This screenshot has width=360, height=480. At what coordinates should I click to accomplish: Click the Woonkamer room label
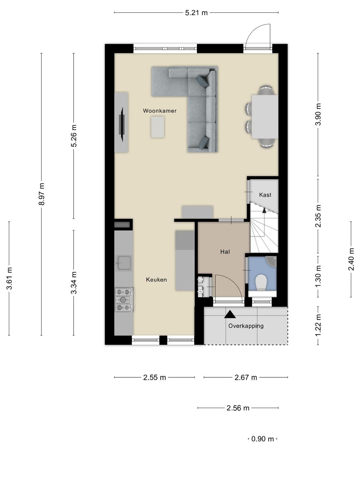[x=160, y=111]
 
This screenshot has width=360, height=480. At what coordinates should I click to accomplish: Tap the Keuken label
[x=156, y=280]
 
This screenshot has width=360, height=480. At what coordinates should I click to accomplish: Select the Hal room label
[x=225, y=252]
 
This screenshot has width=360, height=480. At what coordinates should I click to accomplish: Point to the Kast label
[x=265, y=195]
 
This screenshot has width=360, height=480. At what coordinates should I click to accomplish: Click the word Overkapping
[x=246, y=326]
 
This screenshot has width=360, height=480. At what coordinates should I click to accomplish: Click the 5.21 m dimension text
[x=196, y=13]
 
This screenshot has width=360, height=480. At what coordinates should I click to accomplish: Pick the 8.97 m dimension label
[x=41, y=194]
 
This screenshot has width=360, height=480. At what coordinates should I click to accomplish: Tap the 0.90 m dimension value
[x=262, y=439]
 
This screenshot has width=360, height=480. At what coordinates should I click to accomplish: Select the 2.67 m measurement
[x=246, y=377]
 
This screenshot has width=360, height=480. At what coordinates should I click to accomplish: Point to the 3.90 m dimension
[x=318, y=114]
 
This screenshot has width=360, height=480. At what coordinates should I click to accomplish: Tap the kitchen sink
[x=124, y=263]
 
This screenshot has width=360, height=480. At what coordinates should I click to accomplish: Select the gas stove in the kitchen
[x=124, y=300]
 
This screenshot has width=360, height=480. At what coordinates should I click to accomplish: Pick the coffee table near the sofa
[x=157, y=127]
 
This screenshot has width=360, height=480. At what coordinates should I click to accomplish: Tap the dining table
[x=265, y=117]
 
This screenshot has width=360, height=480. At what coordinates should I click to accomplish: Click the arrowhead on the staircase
[x=264, y=210]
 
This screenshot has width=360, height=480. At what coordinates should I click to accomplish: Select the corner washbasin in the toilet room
[x=271, y=262]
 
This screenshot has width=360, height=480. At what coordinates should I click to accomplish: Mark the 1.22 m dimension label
[x=318, y=325]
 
